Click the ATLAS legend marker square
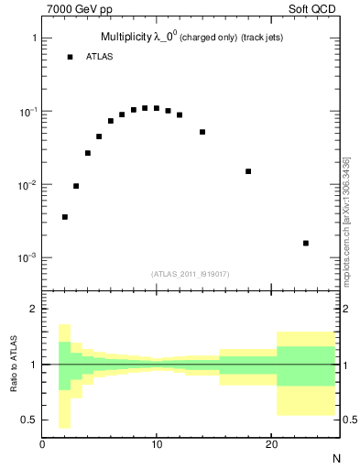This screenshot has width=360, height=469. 70,57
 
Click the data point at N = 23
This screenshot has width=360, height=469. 305,243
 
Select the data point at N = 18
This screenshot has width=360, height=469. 248,171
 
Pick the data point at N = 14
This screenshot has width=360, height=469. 202,132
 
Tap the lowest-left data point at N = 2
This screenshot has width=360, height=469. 65,217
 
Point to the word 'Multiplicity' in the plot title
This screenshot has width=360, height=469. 128,38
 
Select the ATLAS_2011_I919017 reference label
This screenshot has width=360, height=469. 190,274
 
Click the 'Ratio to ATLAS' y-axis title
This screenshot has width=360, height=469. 14,365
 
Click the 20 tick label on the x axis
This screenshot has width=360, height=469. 271,444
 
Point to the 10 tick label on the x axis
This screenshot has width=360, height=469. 157,444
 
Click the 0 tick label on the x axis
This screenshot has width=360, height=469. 43,444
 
